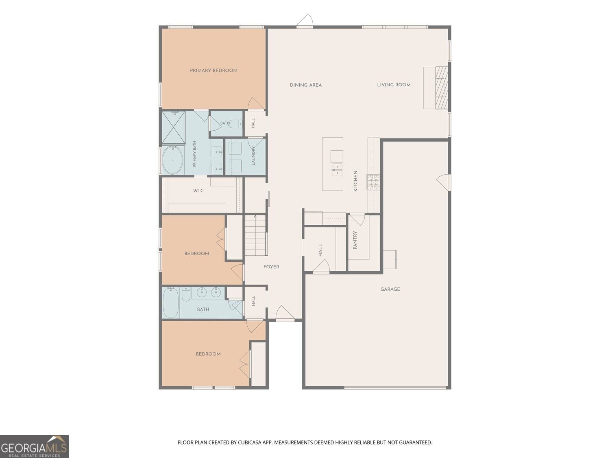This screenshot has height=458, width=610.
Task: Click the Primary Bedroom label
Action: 213,70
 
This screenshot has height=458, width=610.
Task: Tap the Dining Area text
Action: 306,85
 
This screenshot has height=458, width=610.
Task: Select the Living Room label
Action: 394,85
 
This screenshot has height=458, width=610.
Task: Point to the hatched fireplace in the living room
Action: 442,88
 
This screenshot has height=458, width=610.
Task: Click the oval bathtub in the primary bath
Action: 172,160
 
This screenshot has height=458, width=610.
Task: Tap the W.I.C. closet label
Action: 199,191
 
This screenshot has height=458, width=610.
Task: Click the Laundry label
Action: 253,156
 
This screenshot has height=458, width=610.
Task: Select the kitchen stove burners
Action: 373,182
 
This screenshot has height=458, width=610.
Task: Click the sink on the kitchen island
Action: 337,170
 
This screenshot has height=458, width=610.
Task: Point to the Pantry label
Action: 355,240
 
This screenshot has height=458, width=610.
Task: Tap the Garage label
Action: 390,289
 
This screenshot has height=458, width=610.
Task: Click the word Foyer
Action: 271,267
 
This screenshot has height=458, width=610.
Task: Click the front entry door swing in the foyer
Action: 284,313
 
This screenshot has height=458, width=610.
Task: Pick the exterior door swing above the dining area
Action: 305,21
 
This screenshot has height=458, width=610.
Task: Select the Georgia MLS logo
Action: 34,447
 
